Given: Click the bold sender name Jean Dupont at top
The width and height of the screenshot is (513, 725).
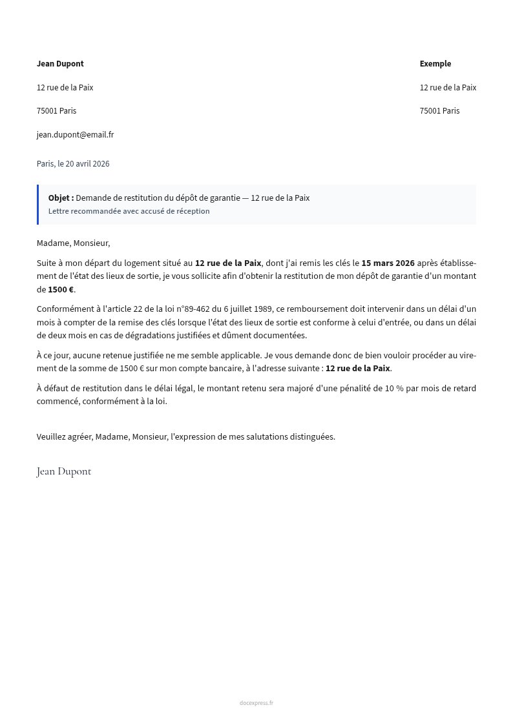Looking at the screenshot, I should coord(60,64).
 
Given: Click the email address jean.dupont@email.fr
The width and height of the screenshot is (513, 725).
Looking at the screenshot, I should coord(75,135).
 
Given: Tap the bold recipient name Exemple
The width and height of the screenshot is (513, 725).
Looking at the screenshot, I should coord(435,64).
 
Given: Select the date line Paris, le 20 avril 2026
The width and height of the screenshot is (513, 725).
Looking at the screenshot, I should coord(73,164).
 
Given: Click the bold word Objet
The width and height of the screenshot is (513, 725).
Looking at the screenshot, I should coord(60,198).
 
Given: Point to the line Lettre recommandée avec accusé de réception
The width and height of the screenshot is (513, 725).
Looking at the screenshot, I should coord(129,211).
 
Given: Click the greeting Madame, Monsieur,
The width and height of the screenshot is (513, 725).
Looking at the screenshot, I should coord(73,243).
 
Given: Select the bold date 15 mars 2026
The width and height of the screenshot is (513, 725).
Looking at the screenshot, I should coord(388,263).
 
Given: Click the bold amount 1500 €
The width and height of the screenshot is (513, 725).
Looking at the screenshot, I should coord(61,289).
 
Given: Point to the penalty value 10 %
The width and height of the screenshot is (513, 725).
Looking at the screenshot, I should coord(394,388).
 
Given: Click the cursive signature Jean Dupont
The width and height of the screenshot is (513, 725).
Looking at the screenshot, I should coord(64,471).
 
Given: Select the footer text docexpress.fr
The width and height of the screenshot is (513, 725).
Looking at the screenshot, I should coord(256,703).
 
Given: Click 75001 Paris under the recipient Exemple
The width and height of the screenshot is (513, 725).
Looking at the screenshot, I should coord(439,111).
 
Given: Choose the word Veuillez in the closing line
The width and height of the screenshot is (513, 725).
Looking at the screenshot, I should coord(52,436).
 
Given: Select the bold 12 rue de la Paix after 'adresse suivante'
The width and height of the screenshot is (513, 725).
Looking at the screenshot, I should coord(357,369).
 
